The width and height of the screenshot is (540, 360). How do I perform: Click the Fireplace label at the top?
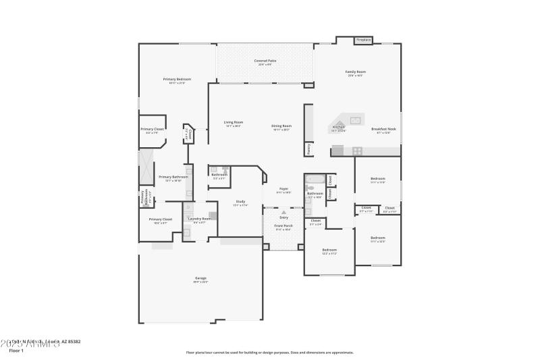tap(363, 40)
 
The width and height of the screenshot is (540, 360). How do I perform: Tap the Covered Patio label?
tap(265, 61)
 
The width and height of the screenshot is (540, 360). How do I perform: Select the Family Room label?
tap(355, 72)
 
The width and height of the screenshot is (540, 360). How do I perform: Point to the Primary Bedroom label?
tap(177, 79)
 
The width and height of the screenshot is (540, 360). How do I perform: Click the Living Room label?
tap(233, 122)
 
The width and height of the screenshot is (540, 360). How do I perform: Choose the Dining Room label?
tap(281, 126)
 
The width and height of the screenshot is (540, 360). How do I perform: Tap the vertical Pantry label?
tap(308, 148)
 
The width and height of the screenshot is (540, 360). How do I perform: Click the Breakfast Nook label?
tap(383, 129)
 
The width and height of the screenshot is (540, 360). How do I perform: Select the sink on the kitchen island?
tap(355, 120)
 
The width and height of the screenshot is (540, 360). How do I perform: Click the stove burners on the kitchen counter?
tap(357, 151)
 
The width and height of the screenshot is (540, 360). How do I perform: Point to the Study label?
tap(240, 201)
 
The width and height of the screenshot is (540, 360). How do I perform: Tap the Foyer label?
tap(283, 189)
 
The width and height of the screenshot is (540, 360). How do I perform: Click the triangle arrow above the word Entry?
tap(283, 212)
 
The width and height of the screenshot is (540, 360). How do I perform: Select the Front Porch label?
tap(283, 226)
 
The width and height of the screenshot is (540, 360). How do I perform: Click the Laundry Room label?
tap(199, 218)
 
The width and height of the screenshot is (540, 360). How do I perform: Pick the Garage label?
tap(200, 278)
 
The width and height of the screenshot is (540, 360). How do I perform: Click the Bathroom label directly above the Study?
tap(219, 174)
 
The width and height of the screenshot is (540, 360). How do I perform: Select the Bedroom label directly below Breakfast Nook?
tap(377, 179)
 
